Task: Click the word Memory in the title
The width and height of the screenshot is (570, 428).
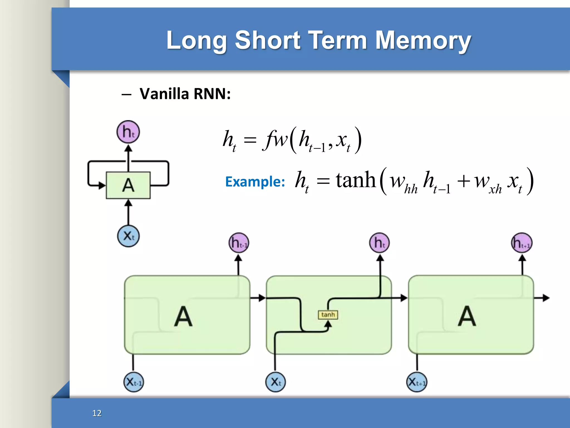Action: (423, 40)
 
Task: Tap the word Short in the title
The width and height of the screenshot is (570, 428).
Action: (267, 40)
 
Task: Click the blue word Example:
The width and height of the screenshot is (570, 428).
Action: (255, 182)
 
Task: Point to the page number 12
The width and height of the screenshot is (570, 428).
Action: (97, 413)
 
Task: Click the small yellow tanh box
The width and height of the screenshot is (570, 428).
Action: (328, 315)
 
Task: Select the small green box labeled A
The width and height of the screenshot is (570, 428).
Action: (128, 185)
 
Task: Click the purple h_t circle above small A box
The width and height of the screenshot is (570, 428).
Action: (128, 132)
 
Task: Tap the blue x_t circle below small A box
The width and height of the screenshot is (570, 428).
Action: (128, 236)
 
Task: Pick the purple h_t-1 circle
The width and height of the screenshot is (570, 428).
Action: (239, 243)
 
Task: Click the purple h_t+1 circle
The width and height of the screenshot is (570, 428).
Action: (522, 243)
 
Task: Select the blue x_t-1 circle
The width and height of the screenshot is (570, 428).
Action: (134, 382)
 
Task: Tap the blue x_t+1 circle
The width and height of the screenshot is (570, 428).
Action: (417, 382)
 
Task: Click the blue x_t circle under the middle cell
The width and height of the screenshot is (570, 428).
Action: (275, 382)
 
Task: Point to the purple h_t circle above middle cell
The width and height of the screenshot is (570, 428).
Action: (379, 243)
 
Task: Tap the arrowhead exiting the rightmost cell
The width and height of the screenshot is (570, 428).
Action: (546, 298)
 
